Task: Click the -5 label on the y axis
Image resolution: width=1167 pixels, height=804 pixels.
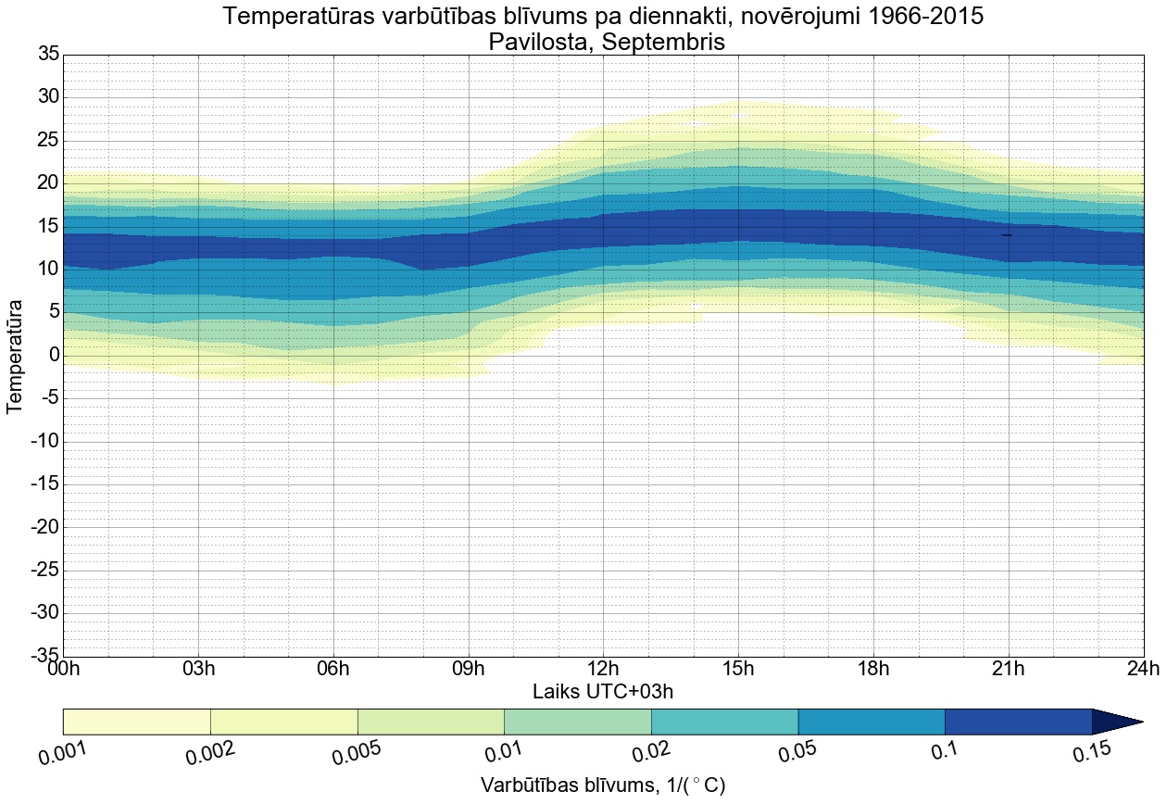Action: pos(47,398)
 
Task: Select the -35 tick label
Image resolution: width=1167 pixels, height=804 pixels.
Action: pos(44,656)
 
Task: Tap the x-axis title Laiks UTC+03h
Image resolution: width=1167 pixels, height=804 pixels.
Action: pos(603,691)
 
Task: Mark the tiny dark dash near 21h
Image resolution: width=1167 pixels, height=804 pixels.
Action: pos(1007,235)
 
